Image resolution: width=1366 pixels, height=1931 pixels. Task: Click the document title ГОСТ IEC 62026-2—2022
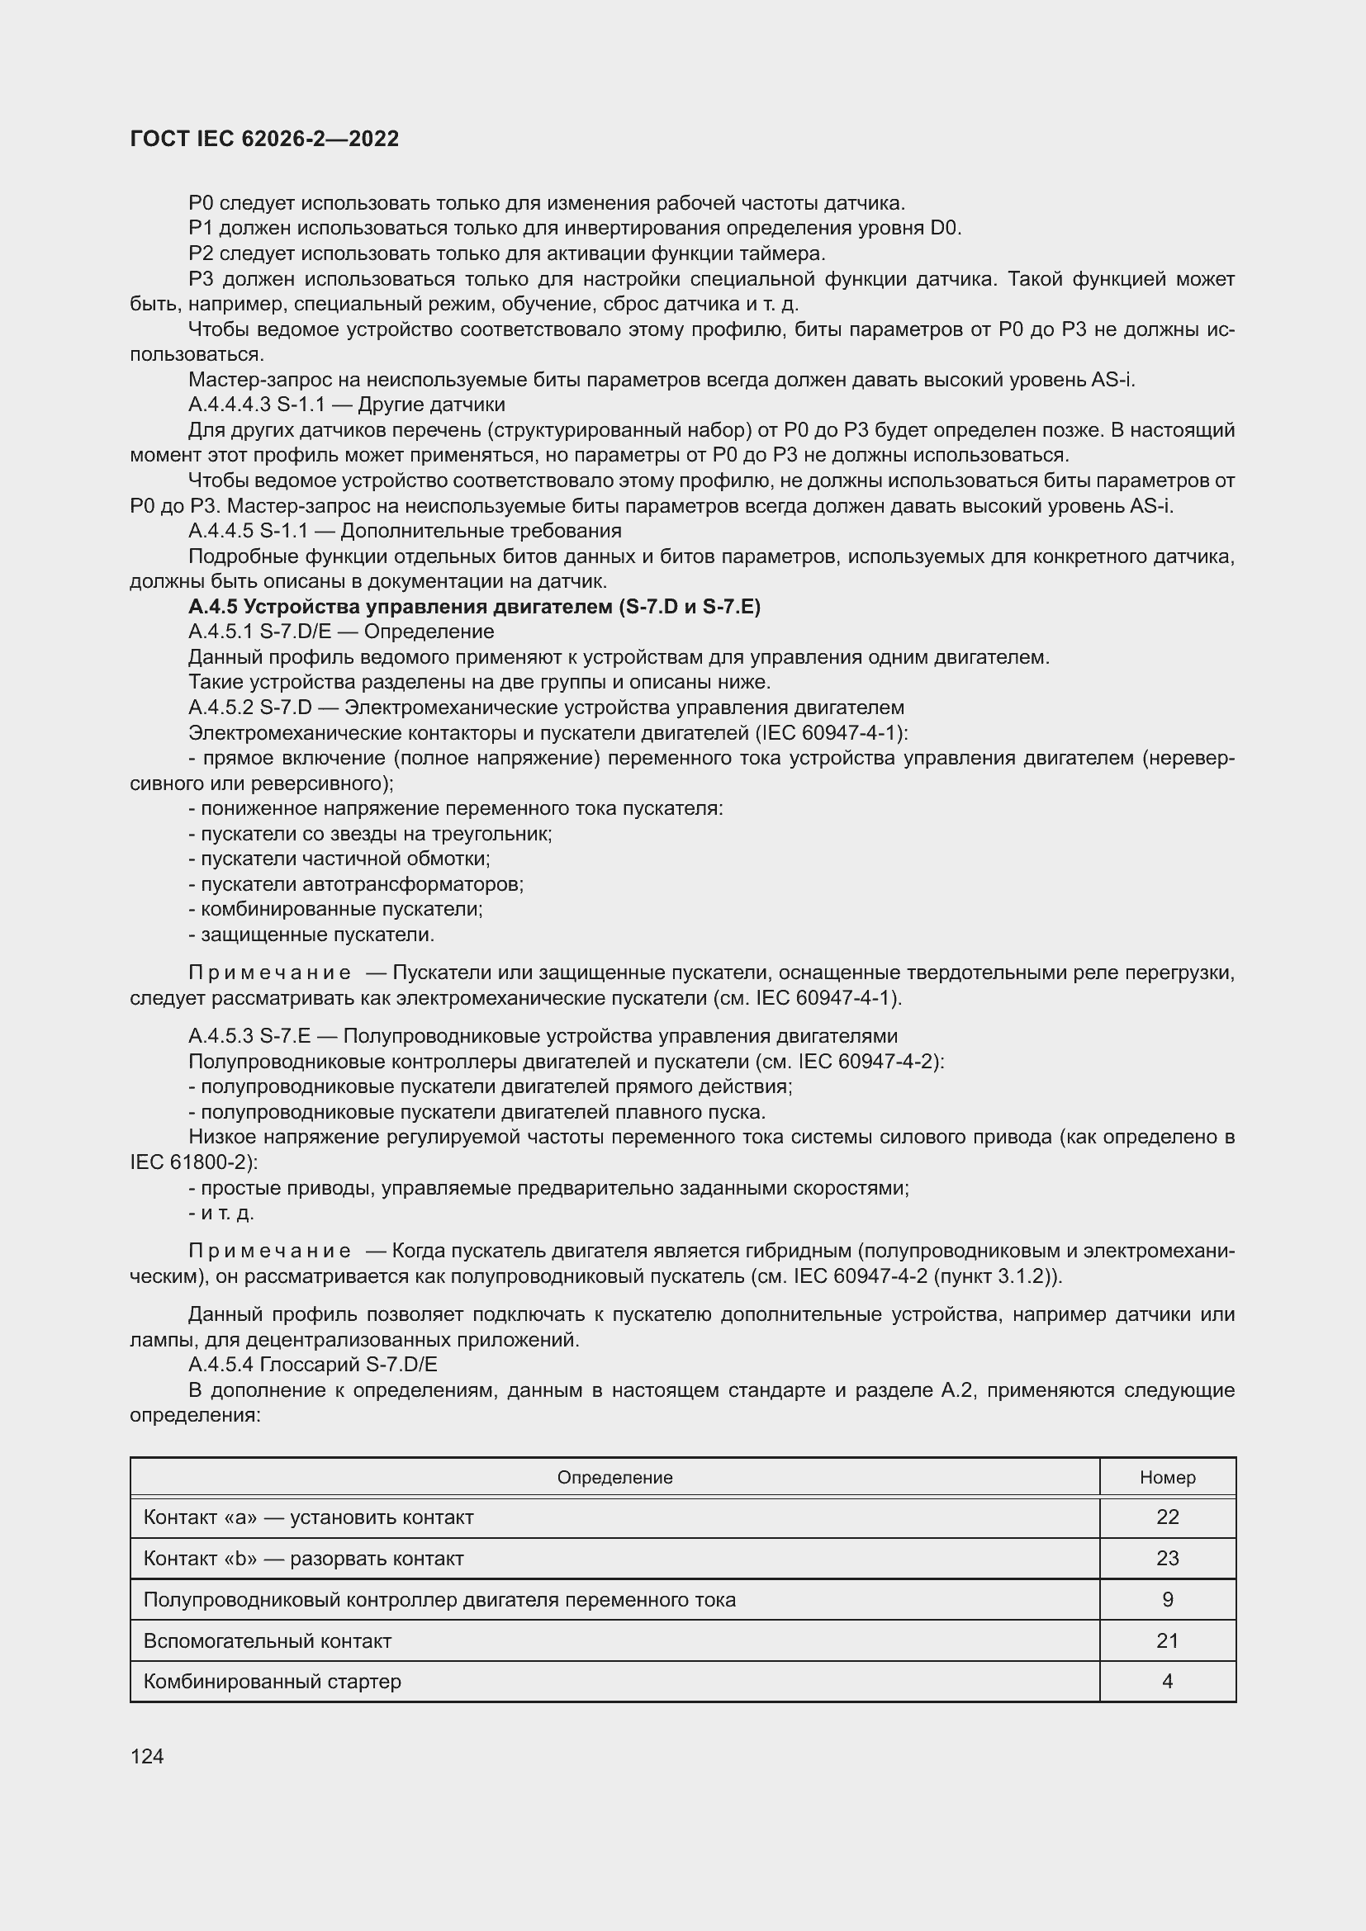(264, 139)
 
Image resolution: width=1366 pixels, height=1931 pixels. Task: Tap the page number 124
(147, 1756)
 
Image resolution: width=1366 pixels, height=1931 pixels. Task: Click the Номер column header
(1167, 1478)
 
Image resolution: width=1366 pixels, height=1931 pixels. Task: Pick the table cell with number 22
(1167, 1517)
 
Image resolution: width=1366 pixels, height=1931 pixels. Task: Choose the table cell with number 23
(1167, 1559)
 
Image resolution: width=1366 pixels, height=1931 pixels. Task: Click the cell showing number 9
(1167, 1600)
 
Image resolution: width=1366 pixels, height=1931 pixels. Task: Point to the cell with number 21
(1167, 1641)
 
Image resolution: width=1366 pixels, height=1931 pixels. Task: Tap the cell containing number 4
(1167, 1681)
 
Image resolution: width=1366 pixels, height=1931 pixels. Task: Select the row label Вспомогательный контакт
(268, 1641)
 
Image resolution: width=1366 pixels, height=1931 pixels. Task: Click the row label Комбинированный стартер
(272, 1681)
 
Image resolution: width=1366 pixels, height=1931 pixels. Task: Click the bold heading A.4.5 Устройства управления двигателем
(474, 607)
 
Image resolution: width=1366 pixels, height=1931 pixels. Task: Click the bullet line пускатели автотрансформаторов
(356, 884)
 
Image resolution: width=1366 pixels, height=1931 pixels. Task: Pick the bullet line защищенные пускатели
(311, 935)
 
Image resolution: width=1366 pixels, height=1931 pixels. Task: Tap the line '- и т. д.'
(221, 1213)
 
